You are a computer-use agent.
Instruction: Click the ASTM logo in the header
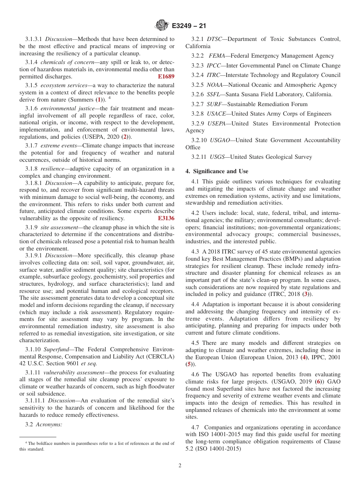point(161,26)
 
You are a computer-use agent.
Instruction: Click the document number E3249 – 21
point(188,26)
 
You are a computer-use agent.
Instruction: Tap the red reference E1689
point(166,77)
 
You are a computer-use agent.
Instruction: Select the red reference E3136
point(166,218)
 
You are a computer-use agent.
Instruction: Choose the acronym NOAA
point(215,85)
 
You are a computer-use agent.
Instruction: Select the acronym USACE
point(216,114)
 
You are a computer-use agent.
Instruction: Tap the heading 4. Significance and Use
point(217,171)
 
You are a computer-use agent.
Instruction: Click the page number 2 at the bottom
point(180,466)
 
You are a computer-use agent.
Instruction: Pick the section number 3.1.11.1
point(36,401)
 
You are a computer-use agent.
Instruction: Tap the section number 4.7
point(196,427)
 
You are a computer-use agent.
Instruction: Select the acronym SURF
point(214,104)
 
